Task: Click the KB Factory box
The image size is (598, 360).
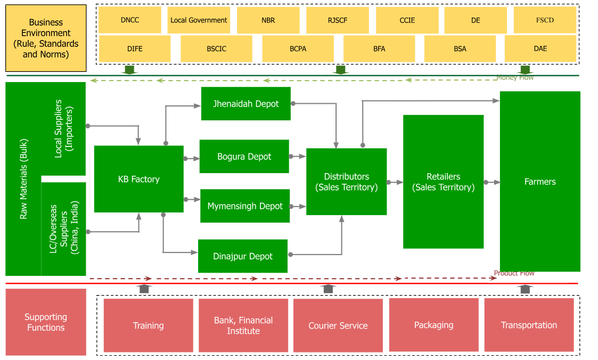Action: [x=138, y=179]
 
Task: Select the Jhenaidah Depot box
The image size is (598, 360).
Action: [x=245, y=104]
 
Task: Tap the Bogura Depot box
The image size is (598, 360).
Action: [x=244, y=157]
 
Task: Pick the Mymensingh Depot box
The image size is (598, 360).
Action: [x=245, y=206]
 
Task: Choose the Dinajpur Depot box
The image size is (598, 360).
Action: [x=243, y=256]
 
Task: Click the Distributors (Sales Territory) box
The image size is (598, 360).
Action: [x=346, y=182]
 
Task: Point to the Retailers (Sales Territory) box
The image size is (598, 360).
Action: [x=443, y=182]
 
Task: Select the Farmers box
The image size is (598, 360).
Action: [x=540, y=182]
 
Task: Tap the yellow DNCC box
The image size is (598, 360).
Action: [x=130, y=20]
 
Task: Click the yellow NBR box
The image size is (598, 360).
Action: [x=268, y=20]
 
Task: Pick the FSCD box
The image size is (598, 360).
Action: [x=545, y=20]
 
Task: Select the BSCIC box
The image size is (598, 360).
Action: [x=216, y=48]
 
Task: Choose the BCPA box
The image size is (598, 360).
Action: [x=298, y=48]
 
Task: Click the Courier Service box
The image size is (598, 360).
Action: [x=338, y=325]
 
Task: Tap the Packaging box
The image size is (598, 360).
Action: [x=433, y=325]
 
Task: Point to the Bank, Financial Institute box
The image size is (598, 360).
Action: [x=243, y=325]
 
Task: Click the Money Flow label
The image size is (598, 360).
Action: [x=515, y=78]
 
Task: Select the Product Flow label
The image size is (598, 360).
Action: [x=514, y=273]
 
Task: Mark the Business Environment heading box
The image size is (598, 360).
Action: [x=46, y=38]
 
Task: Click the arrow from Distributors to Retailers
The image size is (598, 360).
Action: [x=395, y=182]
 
